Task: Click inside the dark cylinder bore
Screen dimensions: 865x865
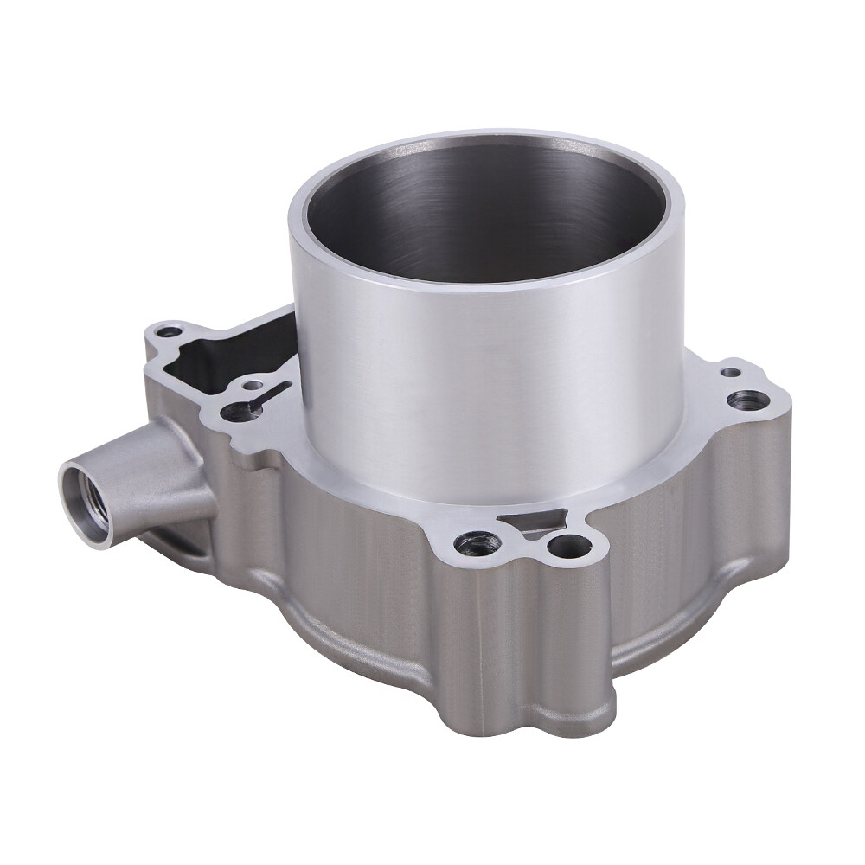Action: [x=484, y=208]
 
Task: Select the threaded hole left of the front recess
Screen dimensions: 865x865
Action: [x=473, y=542]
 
